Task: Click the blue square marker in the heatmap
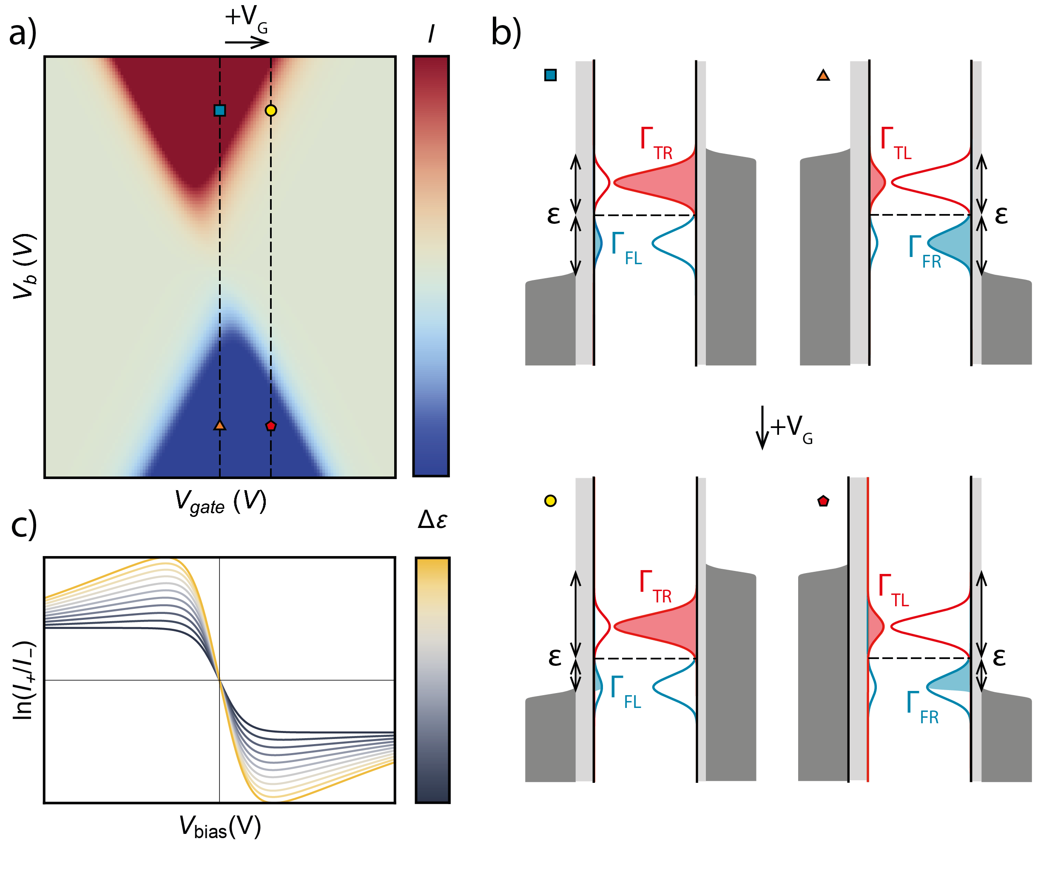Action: click(x=219, y=110)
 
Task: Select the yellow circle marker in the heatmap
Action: click(x=271, y=110)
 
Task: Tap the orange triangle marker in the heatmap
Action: click(x=219, y=425)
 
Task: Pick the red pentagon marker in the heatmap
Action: click(x=271, y=426)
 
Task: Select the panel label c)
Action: click(x=24, y=524)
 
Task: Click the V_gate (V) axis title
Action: click(x=220, y=502)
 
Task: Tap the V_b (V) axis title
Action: click(x=25, y=266)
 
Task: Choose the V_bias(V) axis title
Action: click(x=220, y=827)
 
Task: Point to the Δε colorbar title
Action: click(x=432, y=519)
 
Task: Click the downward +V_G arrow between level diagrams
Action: click(x=762, y=427)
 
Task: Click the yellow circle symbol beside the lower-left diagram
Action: click(x=550, y=501)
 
